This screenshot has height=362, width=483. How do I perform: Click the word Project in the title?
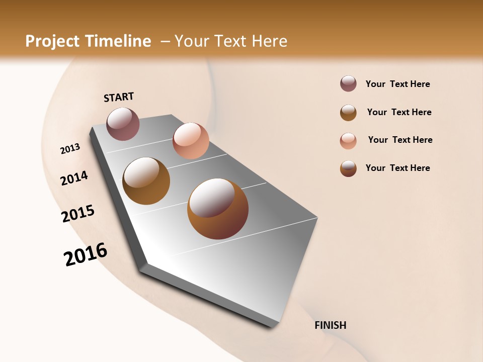(52, 41)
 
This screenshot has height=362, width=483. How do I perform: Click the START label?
(119, 97)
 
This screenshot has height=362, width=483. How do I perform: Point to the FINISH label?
(331, 325)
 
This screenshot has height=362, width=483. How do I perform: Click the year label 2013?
(70, 149)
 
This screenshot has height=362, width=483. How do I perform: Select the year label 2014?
(74, 178)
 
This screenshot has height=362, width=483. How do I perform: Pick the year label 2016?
(86, 254)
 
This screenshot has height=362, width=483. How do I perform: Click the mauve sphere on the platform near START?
(123, 124)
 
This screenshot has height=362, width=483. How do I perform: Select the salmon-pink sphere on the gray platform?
(191, 141)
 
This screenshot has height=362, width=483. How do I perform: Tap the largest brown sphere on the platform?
(218, 209)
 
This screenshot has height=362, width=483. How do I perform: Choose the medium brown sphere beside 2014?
(146, 181)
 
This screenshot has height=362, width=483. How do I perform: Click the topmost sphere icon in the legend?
(348, 83)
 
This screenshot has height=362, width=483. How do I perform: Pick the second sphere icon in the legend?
(348, 113)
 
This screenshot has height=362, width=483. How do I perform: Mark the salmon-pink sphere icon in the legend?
(348, 141)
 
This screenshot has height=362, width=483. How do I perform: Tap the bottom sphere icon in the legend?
(348, 168)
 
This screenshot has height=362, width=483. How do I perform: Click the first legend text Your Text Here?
(397, 84)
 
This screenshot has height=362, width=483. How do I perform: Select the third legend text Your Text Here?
(400, 140)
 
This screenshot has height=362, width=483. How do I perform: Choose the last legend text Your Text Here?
(397, 168)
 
